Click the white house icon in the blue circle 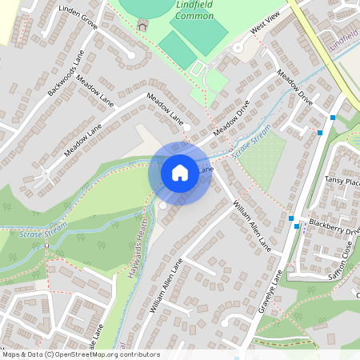tap(179, 173)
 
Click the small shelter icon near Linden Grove tap(142, 25)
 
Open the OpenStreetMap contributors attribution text tap(80, 354)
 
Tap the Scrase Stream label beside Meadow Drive tap(251, 139)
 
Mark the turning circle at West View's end tap(238, 48)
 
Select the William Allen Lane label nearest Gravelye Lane tap(253, 226)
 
